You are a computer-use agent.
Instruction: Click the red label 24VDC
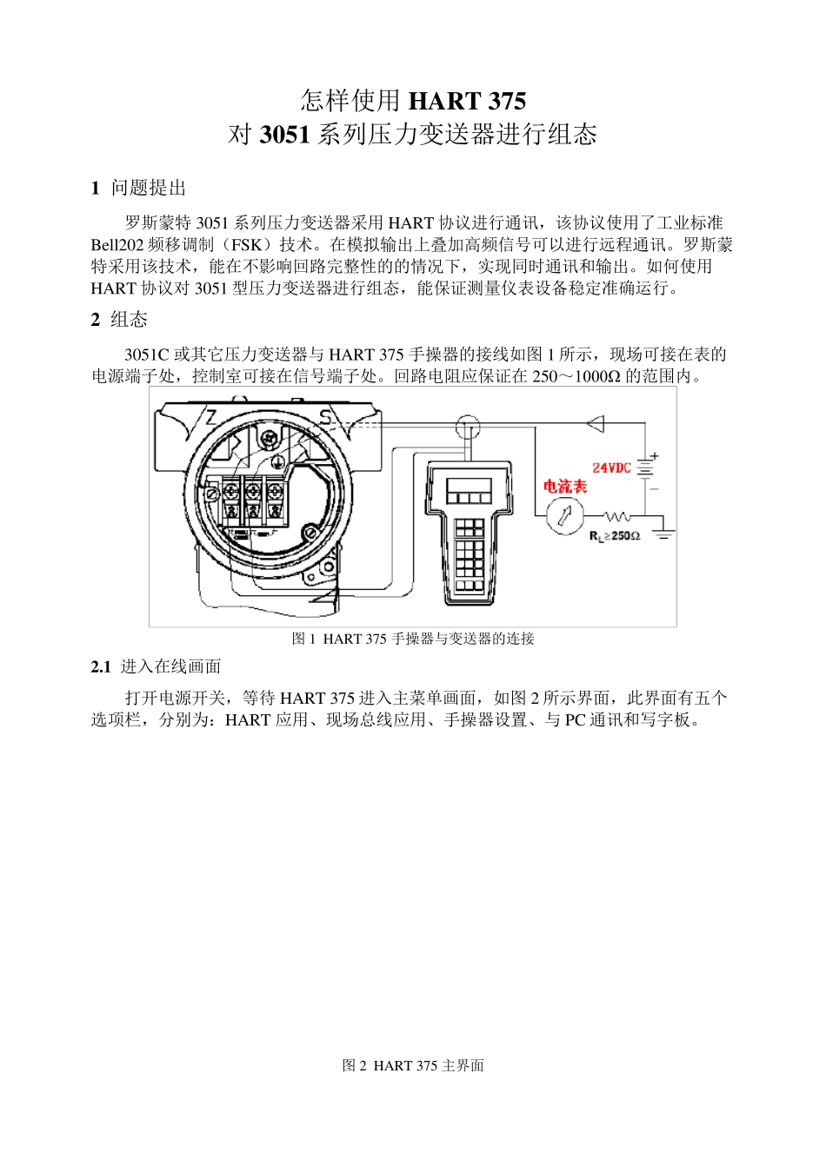(611, 468)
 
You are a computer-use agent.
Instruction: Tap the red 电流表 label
(565, 487)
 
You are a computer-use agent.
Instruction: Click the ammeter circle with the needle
(564, 516)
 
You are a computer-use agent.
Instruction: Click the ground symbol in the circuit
(663, 532)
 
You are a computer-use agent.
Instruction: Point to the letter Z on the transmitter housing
(210, 416)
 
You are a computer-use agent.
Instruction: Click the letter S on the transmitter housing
(325, 417)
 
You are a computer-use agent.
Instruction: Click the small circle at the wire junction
(469, 425)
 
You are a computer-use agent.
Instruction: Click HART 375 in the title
(467, 102)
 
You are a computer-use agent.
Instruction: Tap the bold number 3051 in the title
(283, 136)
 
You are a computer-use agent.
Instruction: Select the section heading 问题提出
(148, 189)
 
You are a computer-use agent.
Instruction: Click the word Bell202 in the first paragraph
(117, 245)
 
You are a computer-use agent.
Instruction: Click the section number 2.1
(101, 666)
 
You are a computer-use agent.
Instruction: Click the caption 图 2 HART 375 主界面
(413, 1065)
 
